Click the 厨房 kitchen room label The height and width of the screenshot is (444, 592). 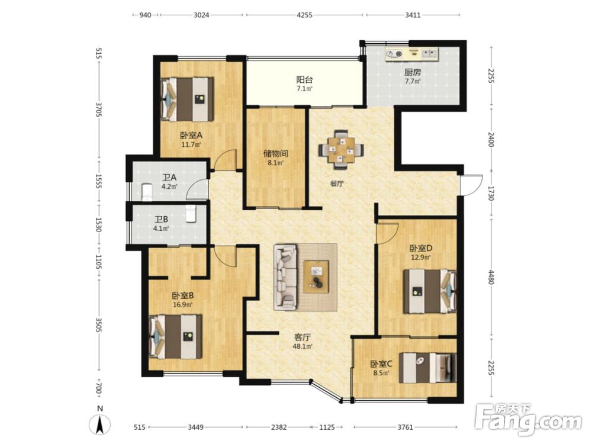(412, 72)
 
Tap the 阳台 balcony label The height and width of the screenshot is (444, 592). (304, 80)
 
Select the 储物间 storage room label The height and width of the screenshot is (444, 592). (276, 153)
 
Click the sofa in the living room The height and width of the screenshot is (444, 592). (285, 276)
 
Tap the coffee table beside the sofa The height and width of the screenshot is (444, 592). (316, 276)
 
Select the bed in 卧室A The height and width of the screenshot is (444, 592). (187, 99)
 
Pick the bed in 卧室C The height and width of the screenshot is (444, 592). (428, 368)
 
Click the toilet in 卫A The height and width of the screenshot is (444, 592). (146, 191)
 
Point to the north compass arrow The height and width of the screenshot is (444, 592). (99, 424)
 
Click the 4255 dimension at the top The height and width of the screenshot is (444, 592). (304, 15)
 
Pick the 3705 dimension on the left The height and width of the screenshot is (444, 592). (99, 110)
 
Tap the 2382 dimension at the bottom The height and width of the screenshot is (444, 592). (279, 427)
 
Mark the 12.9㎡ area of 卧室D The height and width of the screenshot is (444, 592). (420, 258)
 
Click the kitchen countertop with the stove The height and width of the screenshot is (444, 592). (412, 54)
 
